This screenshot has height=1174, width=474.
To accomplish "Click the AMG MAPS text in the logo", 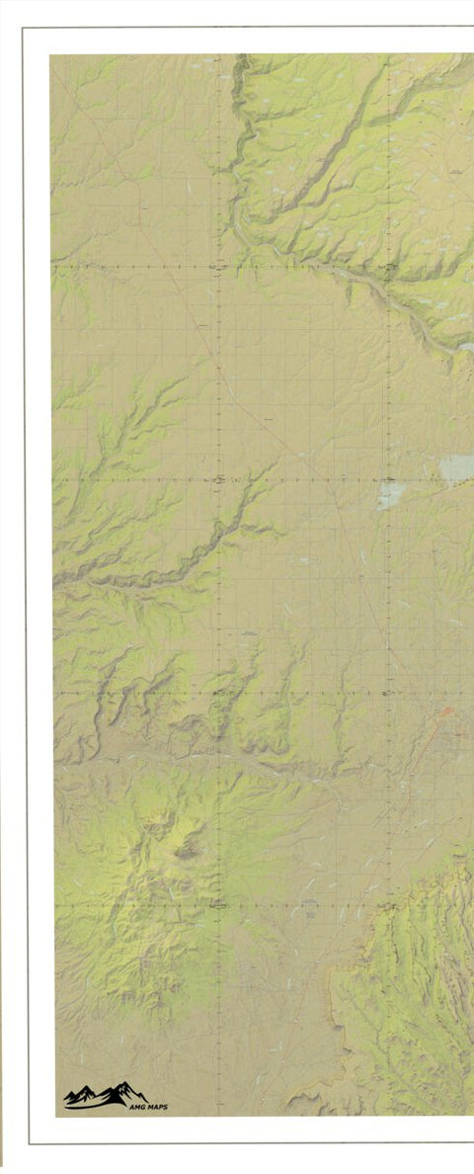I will click(x=148, y=1107).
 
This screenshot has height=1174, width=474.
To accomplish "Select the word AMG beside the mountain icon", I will click(x=136, y=1107).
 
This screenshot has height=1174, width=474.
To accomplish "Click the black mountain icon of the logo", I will click(x=105, y=1095).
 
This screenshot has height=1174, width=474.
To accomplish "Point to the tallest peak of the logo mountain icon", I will click(x=123, y=1086).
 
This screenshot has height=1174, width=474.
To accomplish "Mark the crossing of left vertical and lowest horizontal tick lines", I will click(x=218, y=904).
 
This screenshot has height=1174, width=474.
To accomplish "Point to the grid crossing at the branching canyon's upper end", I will click(x=218, y=479).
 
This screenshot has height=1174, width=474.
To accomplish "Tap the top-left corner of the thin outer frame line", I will click(x=23, y=28).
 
